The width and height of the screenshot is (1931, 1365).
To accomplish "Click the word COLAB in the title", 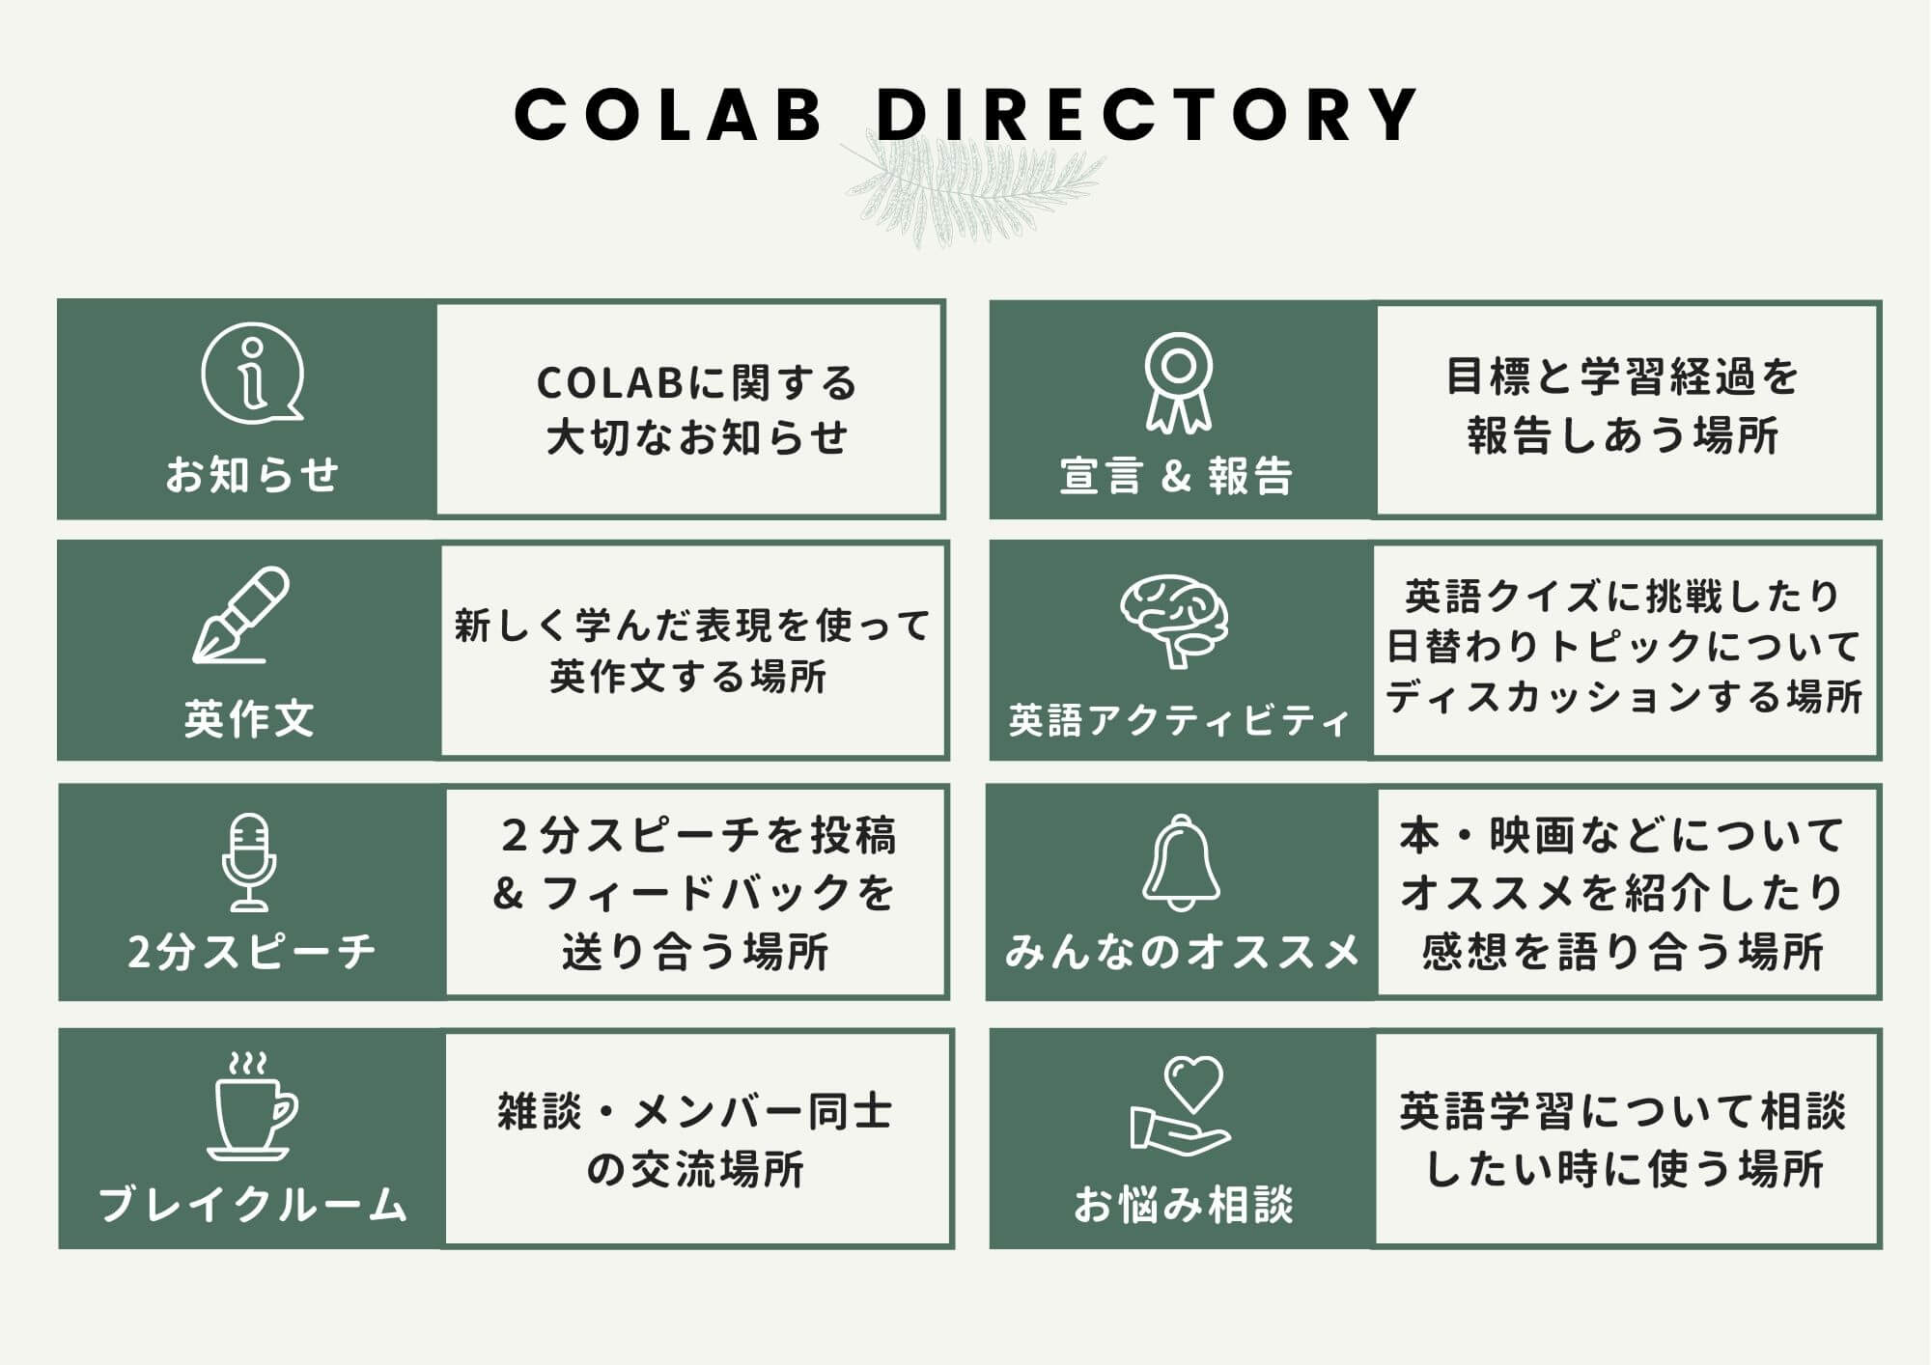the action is (668, 115).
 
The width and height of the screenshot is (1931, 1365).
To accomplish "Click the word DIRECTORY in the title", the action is (1147, 115).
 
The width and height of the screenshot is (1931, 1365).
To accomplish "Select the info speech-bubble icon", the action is (253, 374).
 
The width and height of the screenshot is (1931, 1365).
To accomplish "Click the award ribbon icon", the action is (1178, 382).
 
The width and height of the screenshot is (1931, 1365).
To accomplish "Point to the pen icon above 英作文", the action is (241, 615).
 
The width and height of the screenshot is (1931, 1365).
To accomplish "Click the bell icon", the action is (1181, 862).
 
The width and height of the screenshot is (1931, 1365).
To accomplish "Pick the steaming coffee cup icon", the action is (251, 1106).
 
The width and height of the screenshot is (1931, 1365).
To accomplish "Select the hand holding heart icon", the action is (1180, 1106).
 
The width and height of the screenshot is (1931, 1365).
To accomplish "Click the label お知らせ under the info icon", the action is (252, 475).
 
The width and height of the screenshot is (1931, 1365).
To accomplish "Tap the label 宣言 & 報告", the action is (1177, 476).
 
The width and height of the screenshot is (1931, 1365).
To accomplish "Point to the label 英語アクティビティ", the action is (1179, 720).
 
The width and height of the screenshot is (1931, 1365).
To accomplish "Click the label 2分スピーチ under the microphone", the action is (251, 952).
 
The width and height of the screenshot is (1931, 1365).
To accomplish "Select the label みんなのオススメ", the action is (1182, 952).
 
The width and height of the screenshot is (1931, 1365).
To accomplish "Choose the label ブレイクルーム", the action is (253, 1204).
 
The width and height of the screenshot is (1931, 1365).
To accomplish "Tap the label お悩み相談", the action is (1183, 1205).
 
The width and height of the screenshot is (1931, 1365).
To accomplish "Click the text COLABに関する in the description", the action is (696, 383).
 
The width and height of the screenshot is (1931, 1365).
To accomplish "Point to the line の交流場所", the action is (696, 1169).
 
